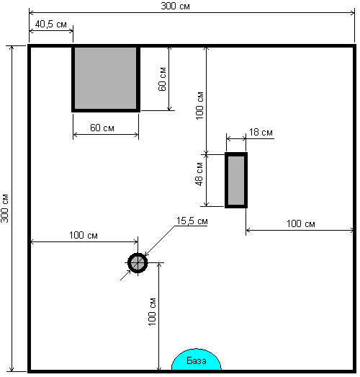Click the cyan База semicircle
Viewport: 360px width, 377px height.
coord(197,360)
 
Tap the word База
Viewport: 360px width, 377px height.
coord(197,360)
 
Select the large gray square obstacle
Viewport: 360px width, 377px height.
coord(106,79)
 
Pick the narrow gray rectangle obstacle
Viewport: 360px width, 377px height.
coord(236,180)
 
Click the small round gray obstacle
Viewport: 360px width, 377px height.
coord(138,263)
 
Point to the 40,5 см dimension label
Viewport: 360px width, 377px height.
coord(51,24)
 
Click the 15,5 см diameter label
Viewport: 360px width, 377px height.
coord(192,221)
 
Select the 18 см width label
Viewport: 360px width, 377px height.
coord(261,132)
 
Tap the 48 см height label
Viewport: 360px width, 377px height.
coord(199,174)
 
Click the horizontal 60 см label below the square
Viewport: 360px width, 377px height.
coord(102,128)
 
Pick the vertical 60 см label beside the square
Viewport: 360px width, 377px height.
coord(162,79)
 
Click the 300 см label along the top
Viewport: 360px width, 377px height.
coord(175,6)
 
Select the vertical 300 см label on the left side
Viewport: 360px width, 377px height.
coord(4,208)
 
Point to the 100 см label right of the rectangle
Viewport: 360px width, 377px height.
coord(301,223)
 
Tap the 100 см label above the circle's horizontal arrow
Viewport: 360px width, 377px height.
coord(84,235)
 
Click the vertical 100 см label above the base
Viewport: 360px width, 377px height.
coord(152,312)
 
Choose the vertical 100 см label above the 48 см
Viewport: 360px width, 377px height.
coord(199,105)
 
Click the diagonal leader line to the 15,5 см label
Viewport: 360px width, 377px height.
coord(159,241)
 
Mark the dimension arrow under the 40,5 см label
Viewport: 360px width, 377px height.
coord(51,31)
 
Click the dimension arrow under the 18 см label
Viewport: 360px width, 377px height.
coord(236,138)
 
